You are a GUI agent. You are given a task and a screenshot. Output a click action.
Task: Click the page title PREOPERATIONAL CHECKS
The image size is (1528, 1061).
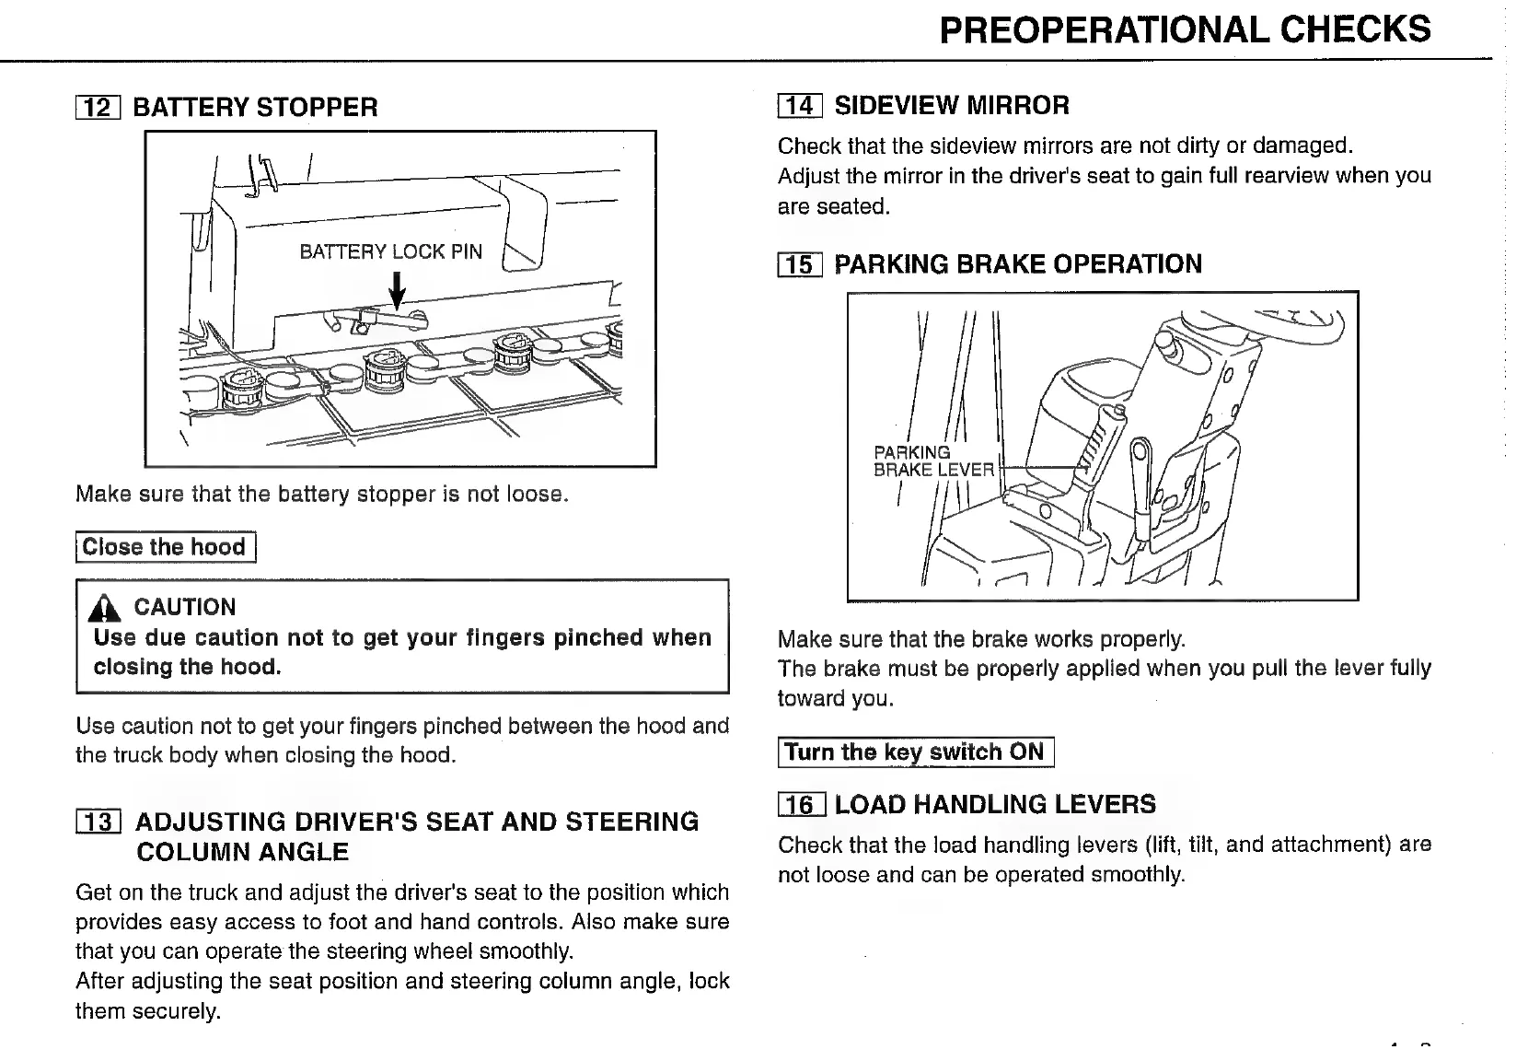pos(1185,29)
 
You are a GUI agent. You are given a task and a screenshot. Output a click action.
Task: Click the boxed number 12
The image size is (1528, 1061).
pos(98,108)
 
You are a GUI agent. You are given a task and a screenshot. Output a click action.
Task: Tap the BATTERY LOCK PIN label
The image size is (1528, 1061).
pos(390,251)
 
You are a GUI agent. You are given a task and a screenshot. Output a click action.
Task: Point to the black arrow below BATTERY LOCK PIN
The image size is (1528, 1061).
pos(398,293)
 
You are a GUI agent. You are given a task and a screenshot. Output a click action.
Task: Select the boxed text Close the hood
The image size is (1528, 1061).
pos(165,547)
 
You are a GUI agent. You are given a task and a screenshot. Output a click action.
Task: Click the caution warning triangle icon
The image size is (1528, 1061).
pos(109,608)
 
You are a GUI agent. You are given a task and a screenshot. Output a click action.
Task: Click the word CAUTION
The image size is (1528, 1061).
pos(185,607)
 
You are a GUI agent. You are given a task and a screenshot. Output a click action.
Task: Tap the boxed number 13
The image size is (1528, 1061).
pos(98,822)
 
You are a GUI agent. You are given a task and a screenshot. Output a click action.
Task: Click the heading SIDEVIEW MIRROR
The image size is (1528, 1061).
pos(952,106)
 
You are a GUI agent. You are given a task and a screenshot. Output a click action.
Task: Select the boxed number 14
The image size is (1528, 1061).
pos(800,106)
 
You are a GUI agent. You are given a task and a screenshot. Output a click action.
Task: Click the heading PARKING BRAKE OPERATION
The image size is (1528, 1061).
pos(1018,264)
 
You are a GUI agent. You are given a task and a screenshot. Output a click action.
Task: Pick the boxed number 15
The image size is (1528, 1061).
pos(800,265)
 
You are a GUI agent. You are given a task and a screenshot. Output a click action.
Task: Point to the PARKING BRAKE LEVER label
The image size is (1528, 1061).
pos(932,461)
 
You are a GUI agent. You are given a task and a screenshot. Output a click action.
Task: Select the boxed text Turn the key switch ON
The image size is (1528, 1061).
pos(915,752)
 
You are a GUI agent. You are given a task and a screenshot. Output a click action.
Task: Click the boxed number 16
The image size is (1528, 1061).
pos(802,805)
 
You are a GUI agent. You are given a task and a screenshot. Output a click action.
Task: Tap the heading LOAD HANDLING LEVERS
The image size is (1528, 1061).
pos(995,805)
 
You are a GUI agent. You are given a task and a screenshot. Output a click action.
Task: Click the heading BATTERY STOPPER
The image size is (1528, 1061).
pos(256,108)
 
